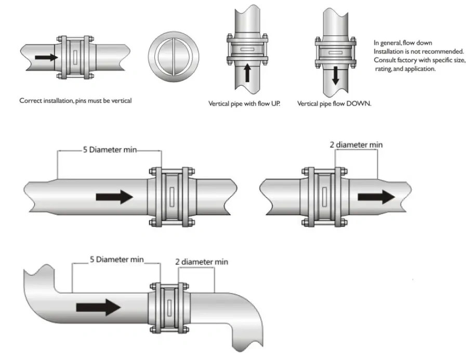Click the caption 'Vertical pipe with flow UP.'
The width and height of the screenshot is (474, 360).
pos(244,104)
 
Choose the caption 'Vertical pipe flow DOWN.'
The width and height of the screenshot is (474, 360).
pos(334,104)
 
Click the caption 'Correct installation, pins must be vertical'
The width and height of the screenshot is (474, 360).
pos(75,101)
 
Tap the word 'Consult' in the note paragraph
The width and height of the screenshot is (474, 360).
pos(384,60)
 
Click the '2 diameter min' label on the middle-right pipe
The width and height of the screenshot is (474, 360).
pos(356,144)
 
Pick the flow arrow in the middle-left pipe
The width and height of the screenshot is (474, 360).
pos(114,197)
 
